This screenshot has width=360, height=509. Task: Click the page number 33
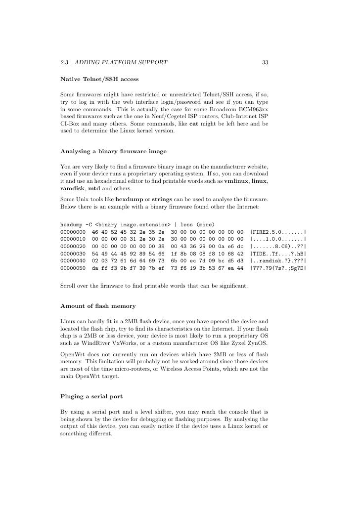(265, 63)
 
